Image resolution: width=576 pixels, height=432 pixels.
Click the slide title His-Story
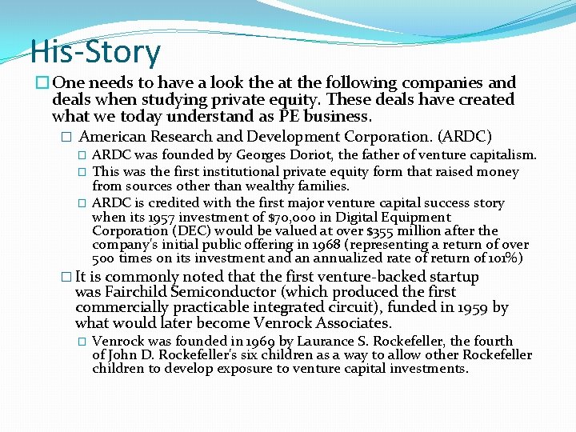(95, 52)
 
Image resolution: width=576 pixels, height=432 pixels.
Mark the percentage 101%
(506, 258)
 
